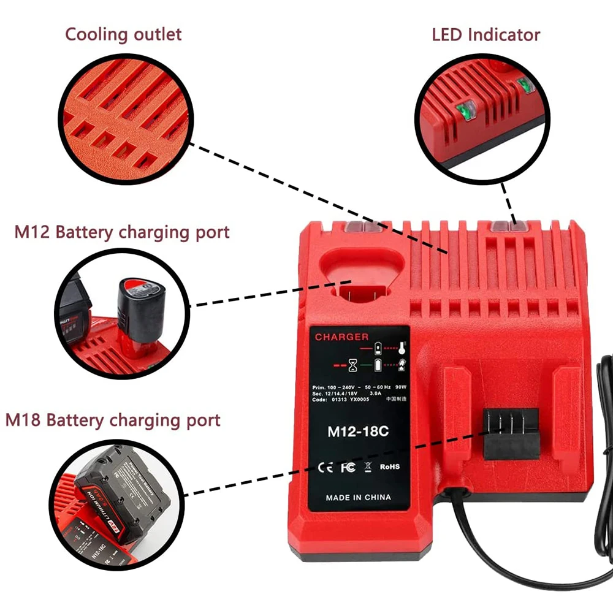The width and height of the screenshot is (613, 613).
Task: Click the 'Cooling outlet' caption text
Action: click(x=123, y=34)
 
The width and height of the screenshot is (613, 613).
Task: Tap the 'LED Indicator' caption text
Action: click(x=485, y=34)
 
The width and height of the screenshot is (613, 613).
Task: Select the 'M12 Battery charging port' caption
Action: click(x=122, y=232)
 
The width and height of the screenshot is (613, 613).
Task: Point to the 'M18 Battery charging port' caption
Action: click(x=113, y=421)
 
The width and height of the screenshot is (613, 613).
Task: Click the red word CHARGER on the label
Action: click(x=342, y=337)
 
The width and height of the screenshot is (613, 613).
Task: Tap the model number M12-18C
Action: click(x=358, y=431)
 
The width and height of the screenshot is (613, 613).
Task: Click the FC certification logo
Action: click(x=348, y=467)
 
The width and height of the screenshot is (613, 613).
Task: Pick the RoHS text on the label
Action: click(x=390, y=467)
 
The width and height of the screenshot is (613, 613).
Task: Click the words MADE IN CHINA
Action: click(x=359, y=497)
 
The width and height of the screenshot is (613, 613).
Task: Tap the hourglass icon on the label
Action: click(x=354, y=366)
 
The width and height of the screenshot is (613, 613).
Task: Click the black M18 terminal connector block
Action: click(x=511, y=433)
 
